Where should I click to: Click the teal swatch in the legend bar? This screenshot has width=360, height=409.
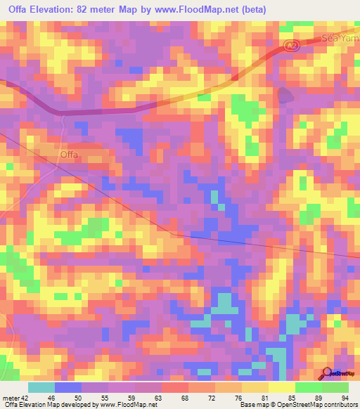pyautogui.click(x=41, y=387)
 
